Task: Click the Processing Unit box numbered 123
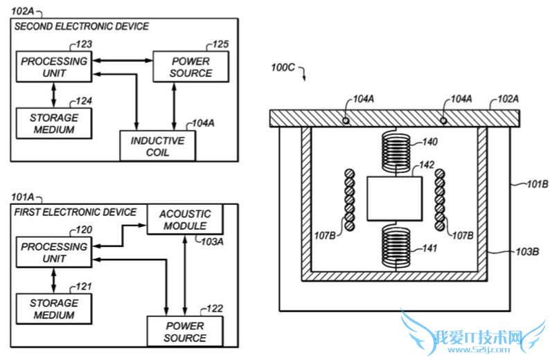[53, 66]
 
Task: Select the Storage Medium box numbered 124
[53, 123]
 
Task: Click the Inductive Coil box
[157, 146]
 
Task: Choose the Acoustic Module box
[185, 220]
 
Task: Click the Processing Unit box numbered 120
[53, 252]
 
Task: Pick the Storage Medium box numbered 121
[53, 308]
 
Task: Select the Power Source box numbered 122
[184, 331]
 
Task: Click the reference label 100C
[283, 68]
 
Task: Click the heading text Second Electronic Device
[82, 26]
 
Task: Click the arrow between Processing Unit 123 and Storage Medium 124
[53, 93]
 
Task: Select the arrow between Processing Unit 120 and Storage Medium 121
[53, 279]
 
